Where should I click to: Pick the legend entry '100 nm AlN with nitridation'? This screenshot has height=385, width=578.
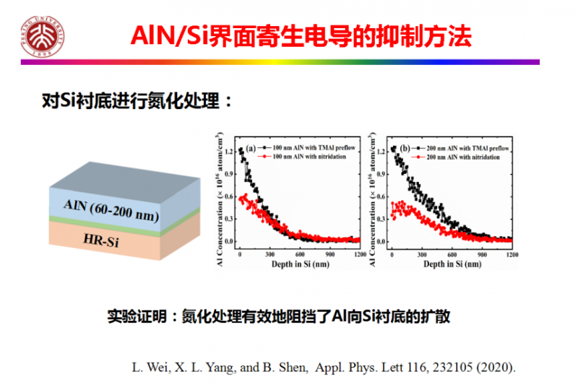pos(306,156)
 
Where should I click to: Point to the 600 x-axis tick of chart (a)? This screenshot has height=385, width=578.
pos(300,255)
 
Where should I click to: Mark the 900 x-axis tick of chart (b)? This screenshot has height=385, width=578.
pos(482,255)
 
